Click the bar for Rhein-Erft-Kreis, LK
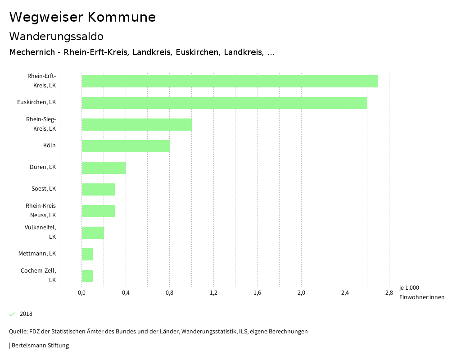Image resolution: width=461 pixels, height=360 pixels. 230,82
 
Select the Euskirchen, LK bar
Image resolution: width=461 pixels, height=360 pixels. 224,103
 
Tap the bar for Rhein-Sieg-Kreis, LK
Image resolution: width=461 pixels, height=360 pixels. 136,124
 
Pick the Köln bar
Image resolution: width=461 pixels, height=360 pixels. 126,146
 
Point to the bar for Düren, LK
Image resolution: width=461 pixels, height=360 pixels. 104,168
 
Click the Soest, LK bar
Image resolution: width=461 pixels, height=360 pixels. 98,189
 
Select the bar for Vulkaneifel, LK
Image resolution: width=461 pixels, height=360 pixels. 93,232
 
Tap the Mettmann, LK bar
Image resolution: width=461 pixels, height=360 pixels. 87,254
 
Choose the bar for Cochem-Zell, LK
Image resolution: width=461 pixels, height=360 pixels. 87,276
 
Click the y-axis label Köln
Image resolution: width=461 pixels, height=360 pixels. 50,146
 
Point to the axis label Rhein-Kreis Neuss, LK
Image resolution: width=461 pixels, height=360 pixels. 41,210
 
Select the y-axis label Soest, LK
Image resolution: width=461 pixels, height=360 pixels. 44,189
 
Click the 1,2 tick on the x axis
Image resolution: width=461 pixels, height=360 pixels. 213,293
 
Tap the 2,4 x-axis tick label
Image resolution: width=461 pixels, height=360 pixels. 345,293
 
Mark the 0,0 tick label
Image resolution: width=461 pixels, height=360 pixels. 81,293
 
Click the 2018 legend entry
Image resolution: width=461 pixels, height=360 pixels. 26,314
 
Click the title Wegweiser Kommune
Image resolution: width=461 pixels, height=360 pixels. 82,17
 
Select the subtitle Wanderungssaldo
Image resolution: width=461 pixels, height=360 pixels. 56,36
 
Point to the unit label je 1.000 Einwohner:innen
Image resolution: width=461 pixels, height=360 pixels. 421,292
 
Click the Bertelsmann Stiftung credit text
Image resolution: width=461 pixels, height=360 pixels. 40,346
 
